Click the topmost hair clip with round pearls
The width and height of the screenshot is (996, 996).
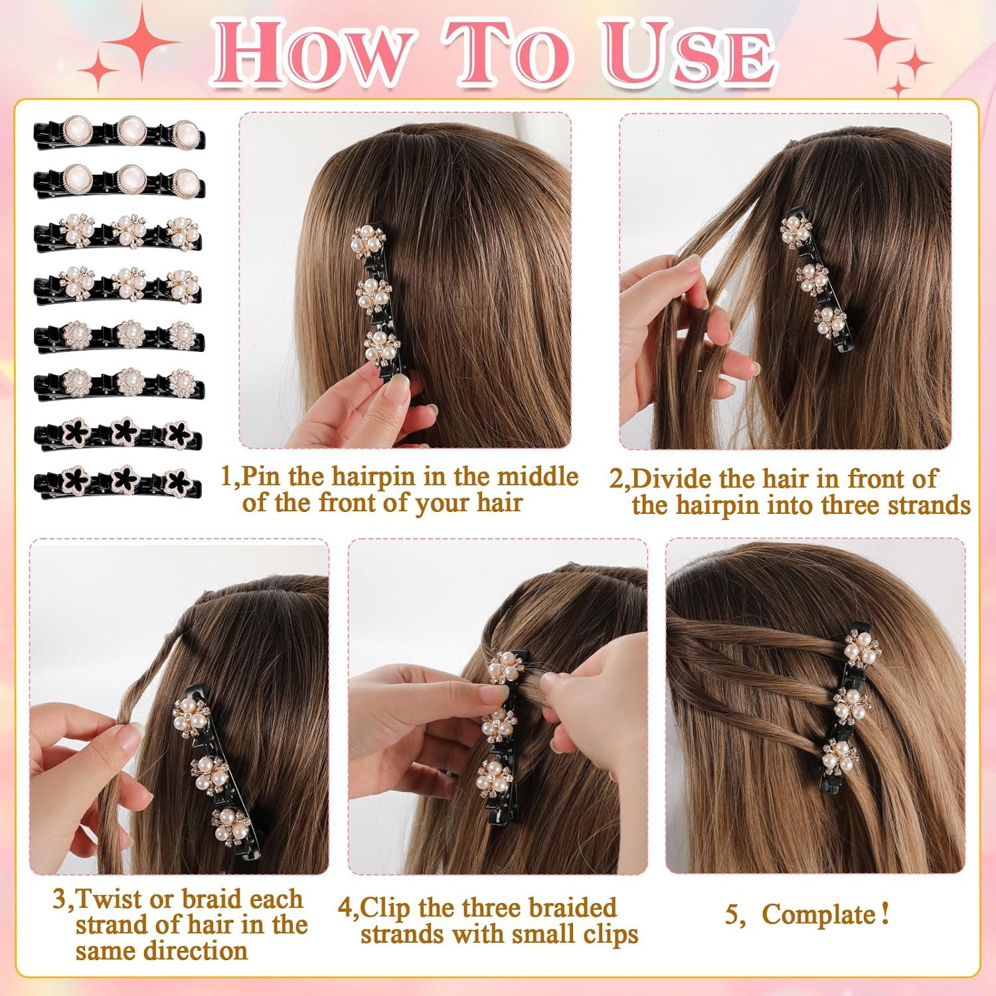[x=120, y=135]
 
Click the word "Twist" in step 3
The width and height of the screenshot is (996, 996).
[x=110, y=899]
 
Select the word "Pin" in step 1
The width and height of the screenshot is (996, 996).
[x=262, y=477]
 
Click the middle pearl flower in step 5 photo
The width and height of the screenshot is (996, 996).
[x=852, y=706]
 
